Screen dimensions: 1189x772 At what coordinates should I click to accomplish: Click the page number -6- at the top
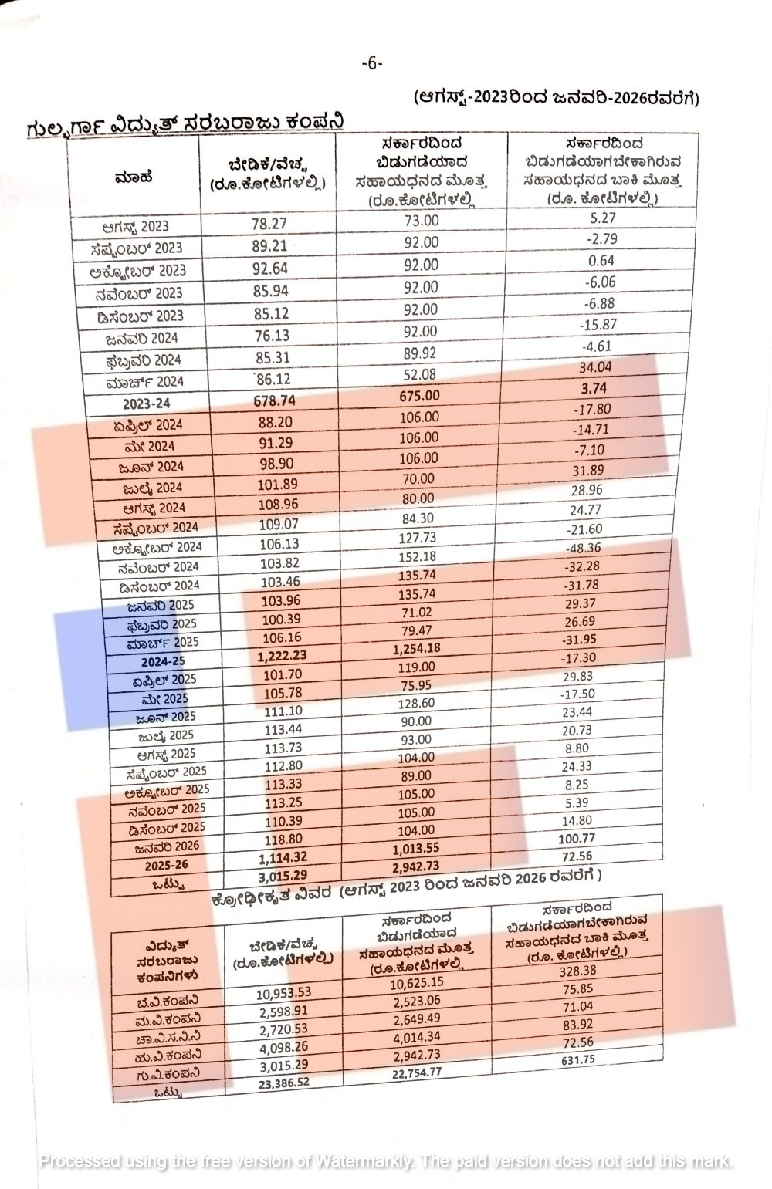(371, 63)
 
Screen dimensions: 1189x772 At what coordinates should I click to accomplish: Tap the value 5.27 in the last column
(601, 218)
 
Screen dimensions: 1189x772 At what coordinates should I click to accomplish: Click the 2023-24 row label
(146, 403)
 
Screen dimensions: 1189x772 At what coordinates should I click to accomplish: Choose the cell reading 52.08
(420, 374)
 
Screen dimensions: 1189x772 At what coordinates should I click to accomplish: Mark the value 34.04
(594, 367)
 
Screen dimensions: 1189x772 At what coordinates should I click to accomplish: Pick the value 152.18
(419, 556)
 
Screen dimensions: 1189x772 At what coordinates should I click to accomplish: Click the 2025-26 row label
(166, 865)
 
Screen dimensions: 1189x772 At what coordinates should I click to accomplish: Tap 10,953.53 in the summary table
(283, 992)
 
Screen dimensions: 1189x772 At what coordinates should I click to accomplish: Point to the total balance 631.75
(577, 1059)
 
